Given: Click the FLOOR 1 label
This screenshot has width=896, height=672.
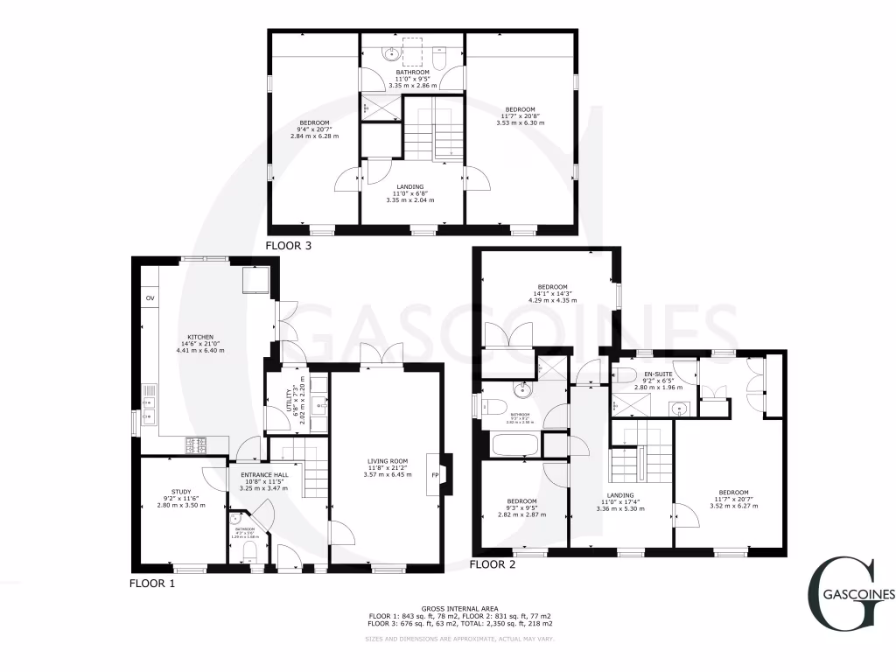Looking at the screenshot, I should pos(152,583).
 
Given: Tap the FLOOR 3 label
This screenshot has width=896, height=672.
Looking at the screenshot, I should pos(289,247).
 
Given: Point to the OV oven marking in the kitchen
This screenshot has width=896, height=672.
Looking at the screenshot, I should pos(150,299).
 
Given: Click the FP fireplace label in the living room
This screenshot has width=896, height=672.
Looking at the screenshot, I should pos(433,475).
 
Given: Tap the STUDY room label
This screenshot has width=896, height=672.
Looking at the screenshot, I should pos(181,491).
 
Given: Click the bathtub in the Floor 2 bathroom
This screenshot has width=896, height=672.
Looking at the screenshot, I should pos(509,447).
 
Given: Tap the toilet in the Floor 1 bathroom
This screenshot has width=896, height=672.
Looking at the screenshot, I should pos(248,549).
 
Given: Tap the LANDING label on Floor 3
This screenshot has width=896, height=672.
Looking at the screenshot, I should pos(409,186).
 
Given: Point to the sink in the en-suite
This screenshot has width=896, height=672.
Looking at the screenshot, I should pos(677,407).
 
